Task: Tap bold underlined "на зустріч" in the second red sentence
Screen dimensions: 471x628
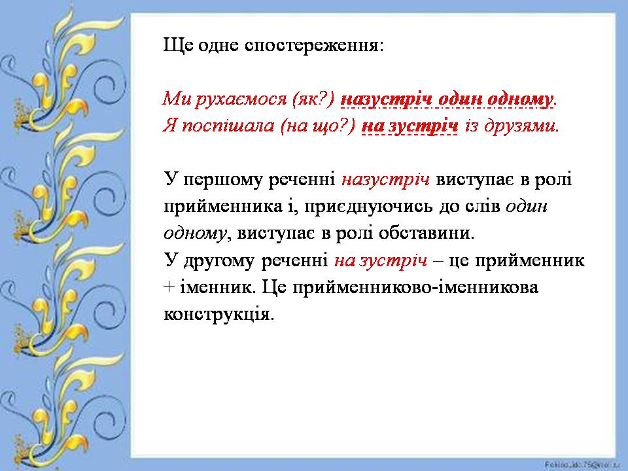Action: point(410,126)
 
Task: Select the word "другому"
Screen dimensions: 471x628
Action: point(216,260)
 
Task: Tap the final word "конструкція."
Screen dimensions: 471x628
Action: point(217,314)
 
